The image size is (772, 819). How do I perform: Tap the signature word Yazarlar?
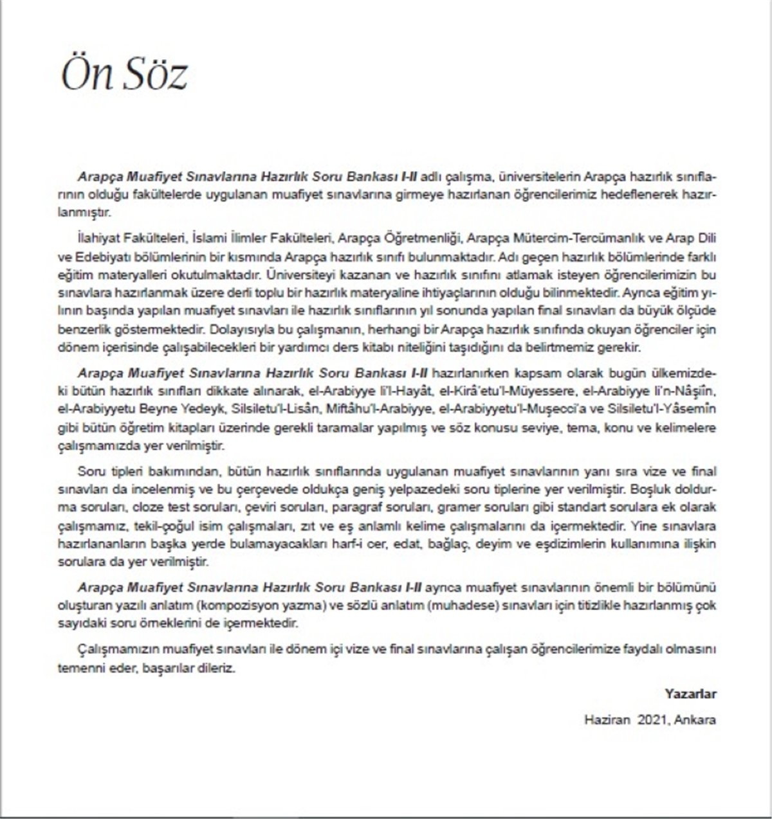click(x=690, y=694)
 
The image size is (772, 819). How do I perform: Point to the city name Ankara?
click(x=695, y=719)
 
